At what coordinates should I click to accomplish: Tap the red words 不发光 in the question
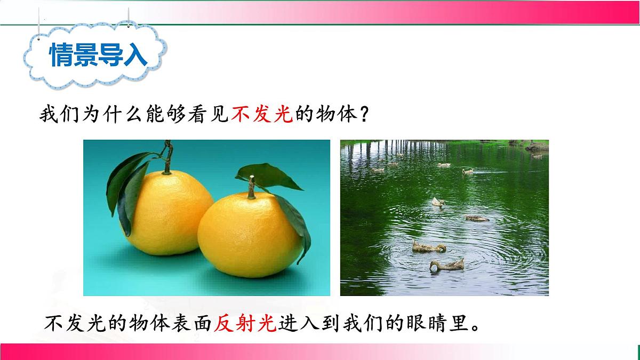[262, 114]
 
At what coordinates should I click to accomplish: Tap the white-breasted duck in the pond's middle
[438, 202]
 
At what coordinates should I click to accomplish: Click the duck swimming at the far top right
[537, 156]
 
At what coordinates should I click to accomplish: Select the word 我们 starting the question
[55, 114]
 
